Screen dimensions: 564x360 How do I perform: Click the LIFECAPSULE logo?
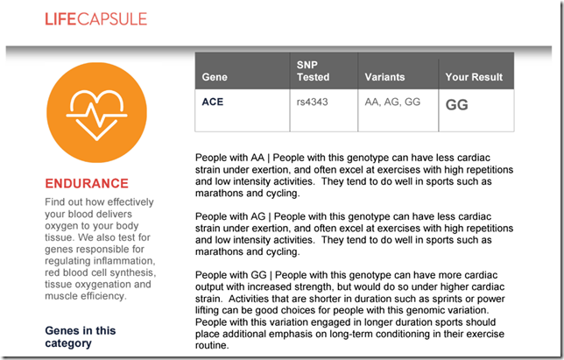[x=96, y=19]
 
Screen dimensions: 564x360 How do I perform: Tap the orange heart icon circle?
[x=96, y=113]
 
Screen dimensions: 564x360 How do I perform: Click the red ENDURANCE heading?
[x=87, y=183]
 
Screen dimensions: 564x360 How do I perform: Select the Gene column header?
[x=215, y=77]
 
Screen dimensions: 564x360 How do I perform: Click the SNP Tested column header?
[x=313, y=71]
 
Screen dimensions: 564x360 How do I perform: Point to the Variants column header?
[x=384, y=77]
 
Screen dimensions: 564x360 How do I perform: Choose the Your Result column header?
[x=474, y=77]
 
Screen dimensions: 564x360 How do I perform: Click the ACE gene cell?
[x=213, y=102]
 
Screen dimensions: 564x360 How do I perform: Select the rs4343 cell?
[x=312, y=102]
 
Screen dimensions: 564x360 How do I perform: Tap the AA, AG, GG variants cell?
[x=392, y=102]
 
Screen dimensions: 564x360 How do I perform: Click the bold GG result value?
[x=457, y=105]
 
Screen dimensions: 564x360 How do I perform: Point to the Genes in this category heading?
[x=81, y=336]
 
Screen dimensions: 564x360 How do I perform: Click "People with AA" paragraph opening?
[x=229, y=158]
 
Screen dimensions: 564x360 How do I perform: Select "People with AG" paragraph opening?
[x=230, y=216]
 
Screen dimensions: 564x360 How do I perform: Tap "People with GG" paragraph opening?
[x=231, y=275]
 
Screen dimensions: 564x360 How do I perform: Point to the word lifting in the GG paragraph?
[x=208, y=310]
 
